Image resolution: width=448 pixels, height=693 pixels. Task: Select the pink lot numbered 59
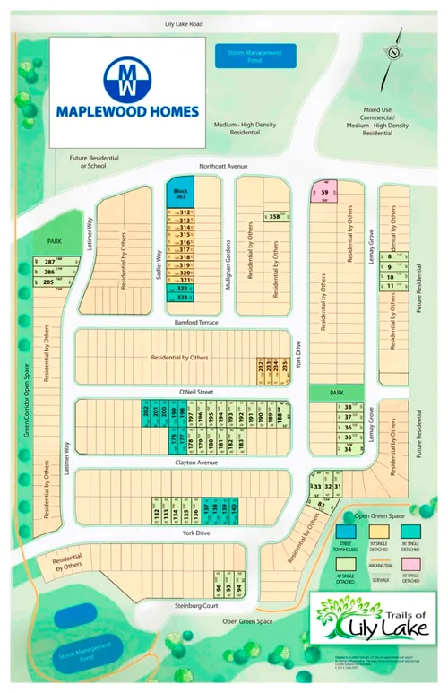(324, 193)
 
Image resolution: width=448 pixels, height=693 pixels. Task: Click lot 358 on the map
(276, 217)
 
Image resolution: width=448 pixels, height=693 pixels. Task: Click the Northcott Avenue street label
(222, 167)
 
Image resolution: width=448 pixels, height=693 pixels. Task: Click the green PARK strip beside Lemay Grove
(337, 368)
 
